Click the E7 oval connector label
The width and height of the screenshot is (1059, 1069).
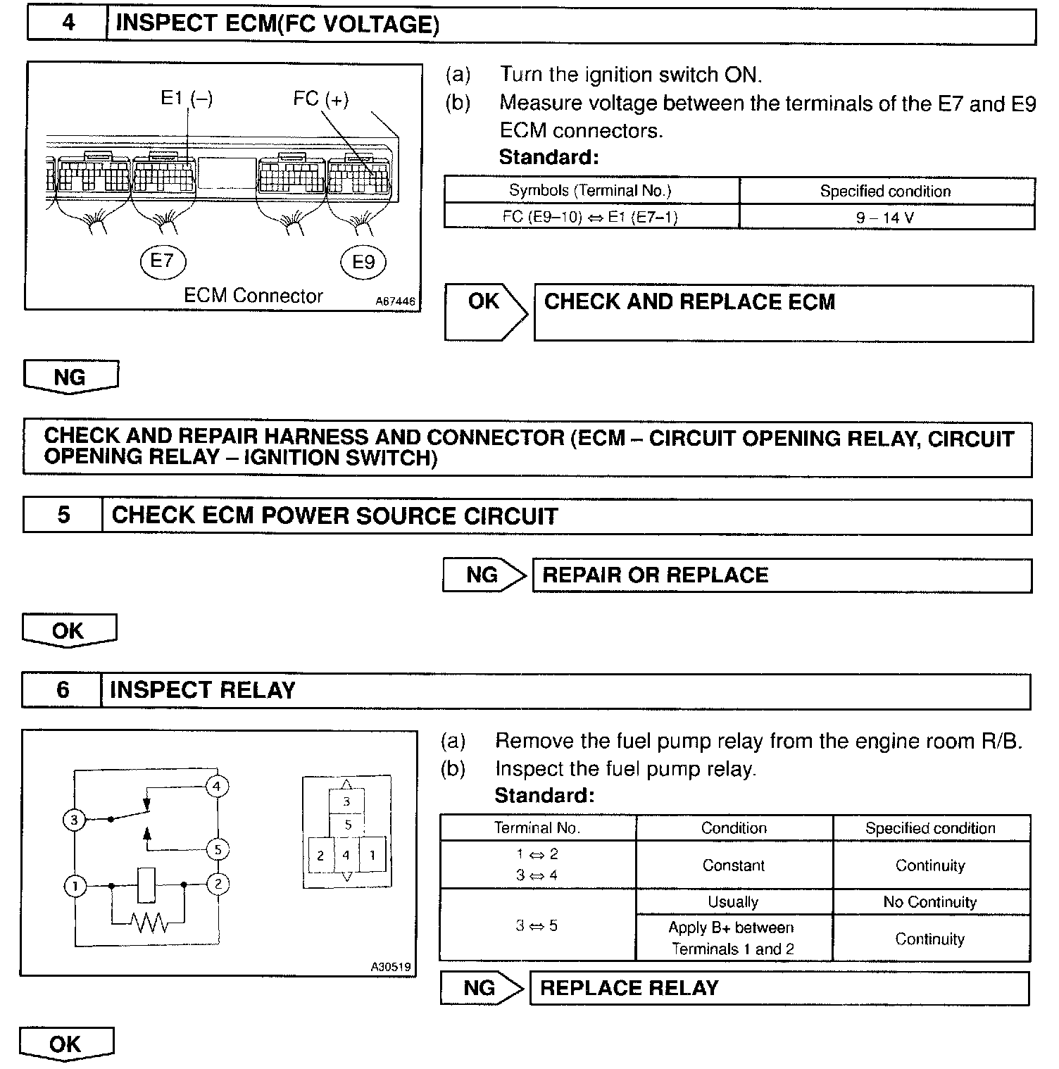[x=162, y=262]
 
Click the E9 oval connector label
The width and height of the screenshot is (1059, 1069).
[x=363, y=263]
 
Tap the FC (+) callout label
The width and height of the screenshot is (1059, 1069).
[x=320, y=99]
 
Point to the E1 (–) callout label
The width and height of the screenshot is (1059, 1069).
[x=187, y=99]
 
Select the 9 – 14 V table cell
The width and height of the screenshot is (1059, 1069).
[x=886, y=218]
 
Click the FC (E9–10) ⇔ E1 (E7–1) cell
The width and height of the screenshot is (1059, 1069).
[x=590, y=217]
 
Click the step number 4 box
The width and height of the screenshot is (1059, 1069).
[x=68, y=24]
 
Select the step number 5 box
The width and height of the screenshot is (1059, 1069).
[x=63, y=515]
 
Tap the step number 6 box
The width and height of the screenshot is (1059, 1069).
[x=63, y=689]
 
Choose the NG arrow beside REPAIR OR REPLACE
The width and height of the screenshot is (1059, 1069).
[x=484, y=575]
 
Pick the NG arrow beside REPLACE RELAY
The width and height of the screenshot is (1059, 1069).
[x=482, y=988]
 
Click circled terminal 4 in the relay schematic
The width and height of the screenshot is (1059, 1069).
[x=217, y=786]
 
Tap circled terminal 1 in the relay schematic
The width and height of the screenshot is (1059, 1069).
[x=75, y=885]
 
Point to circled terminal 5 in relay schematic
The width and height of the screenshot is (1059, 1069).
[x=218, y=850]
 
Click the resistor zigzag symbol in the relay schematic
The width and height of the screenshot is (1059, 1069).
[x=149, y=922]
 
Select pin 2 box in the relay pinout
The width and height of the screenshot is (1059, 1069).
[x=320, y=856]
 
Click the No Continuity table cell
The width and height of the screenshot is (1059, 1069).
[x=930, y=902]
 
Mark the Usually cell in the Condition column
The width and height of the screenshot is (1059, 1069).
[x=733, y=902]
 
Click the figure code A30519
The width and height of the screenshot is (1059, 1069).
[x=391, y=967]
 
